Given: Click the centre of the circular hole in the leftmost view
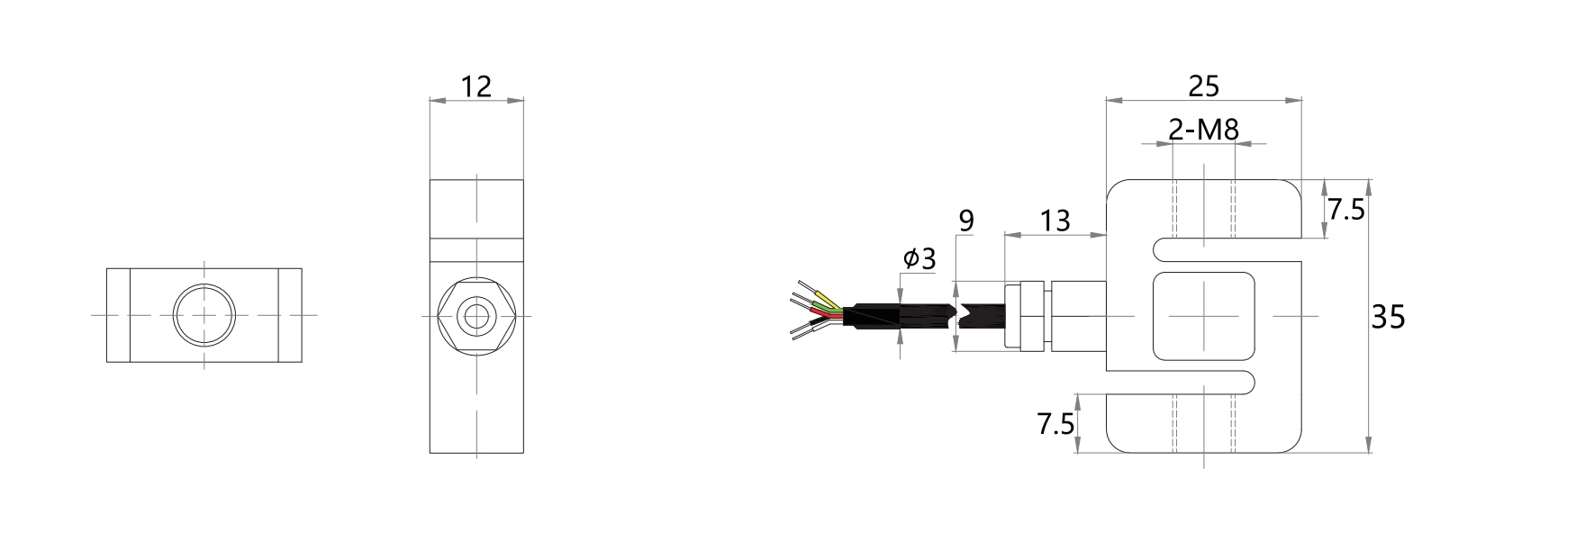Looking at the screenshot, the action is [x=204, y=315].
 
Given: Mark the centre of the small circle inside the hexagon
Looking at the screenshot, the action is [x=475, y=315].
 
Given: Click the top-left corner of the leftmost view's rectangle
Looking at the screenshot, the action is [x=107, y=268].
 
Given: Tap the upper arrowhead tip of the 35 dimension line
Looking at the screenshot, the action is [x=1369, y=180].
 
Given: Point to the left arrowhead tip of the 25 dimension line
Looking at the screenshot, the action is [x=1107, y=99].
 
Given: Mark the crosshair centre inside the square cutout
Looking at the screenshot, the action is [x=1204, y=315].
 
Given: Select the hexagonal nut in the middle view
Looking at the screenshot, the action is [x=475, y=315].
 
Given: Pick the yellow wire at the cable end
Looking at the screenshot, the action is [x=826, y=300].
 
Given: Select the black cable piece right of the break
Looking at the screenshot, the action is [x=982, y=315].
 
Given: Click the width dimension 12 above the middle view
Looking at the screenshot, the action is [x=475, y=86].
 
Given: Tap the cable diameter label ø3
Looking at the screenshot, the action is [x=919, y=259].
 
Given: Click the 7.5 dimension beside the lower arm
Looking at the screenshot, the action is [x=1055, y=423].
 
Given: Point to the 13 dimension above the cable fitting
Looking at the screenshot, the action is [x=1055, y=220].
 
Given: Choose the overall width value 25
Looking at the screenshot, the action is [x=1204, y=86].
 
